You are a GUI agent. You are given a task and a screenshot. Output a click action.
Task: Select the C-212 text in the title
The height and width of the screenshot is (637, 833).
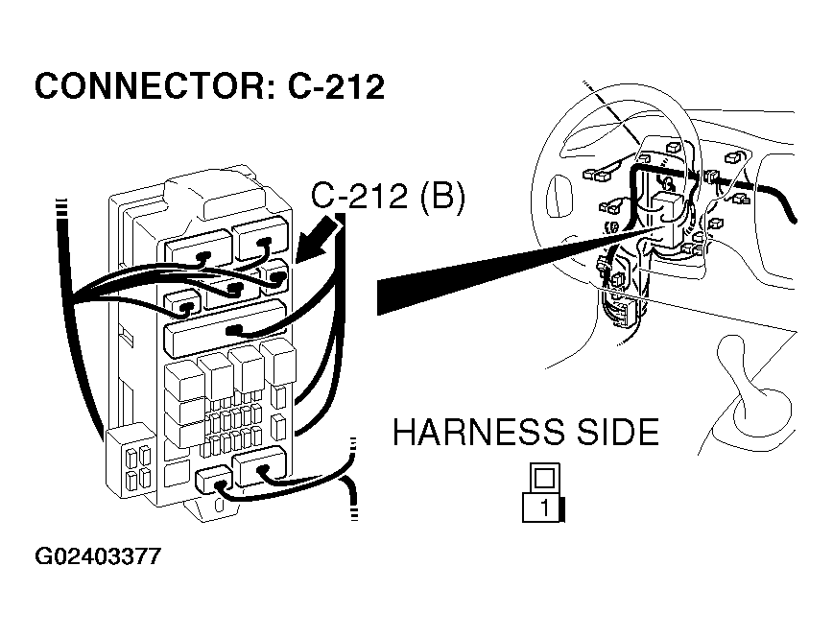click(336, 87)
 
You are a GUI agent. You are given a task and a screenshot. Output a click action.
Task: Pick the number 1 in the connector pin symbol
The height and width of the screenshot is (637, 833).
click(545, 507)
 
